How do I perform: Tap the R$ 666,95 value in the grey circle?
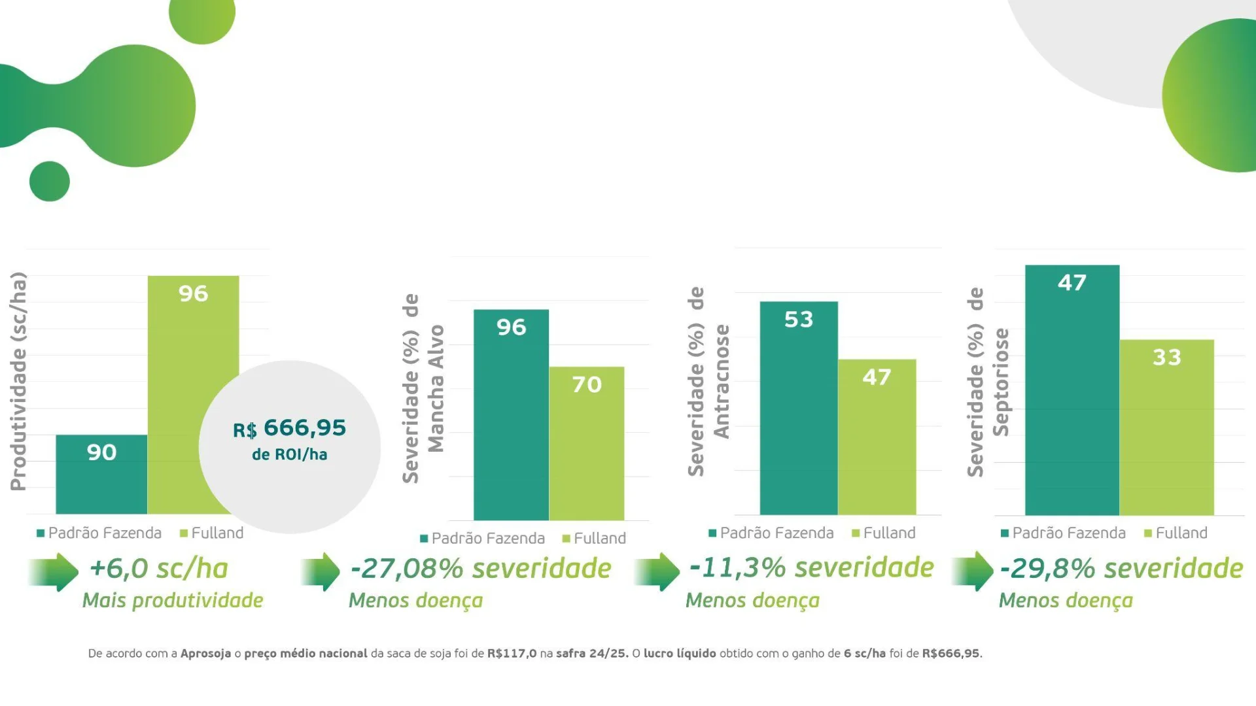click(x=290, y=428)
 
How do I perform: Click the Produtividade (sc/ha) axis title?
click(x=18, y=381)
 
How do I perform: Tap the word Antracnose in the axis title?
click(x=722, y=381)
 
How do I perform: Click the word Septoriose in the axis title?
click(x=1001, y=382)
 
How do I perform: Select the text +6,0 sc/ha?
click(x=159, y=568)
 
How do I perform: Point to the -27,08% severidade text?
click(x=481, y=568)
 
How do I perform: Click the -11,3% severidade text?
click(x=812, y=567)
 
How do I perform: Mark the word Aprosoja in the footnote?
click(x=205, y=653)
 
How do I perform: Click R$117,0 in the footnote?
click(x=512, y=653)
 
